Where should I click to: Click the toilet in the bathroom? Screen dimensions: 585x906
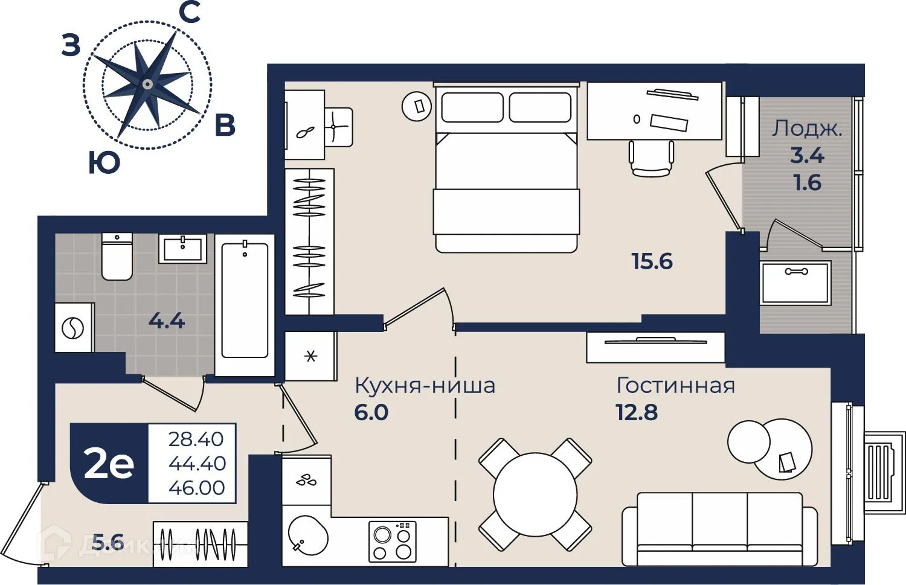[117, 257]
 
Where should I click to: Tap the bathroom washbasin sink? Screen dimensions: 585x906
[182, 248]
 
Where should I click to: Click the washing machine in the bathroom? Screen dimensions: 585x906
[74, 328]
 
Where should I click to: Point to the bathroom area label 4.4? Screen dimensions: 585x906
[167, 321]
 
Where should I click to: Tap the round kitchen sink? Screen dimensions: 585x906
[308, 535]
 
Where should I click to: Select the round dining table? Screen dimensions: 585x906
[535, 494]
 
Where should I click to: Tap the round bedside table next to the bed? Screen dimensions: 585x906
[417, 106]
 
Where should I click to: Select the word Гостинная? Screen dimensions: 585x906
[675, 385]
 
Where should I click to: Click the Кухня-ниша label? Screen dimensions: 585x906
[425, 385]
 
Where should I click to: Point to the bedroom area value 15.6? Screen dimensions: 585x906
[652, 261]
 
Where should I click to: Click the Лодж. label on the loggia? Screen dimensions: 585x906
[807, 129]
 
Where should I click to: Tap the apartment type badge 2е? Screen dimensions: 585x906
[109, 464]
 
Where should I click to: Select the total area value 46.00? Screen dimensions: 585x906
[197, 488]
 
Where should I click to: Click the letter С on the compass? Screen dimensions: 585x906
[191, 13]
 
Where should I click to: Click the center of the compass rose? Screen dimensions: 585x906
[147, 84]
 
